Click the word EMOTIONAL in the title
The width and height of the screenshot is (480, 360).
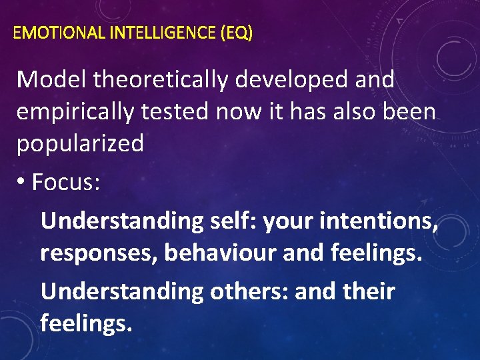57,33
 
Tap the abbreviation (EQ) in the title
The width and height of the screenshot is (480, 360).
237,33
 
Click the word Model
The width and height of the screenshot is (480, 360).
51,80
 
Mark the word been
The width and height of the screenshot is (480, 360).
409,112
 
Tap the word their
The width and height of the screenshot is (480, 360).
366,291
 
